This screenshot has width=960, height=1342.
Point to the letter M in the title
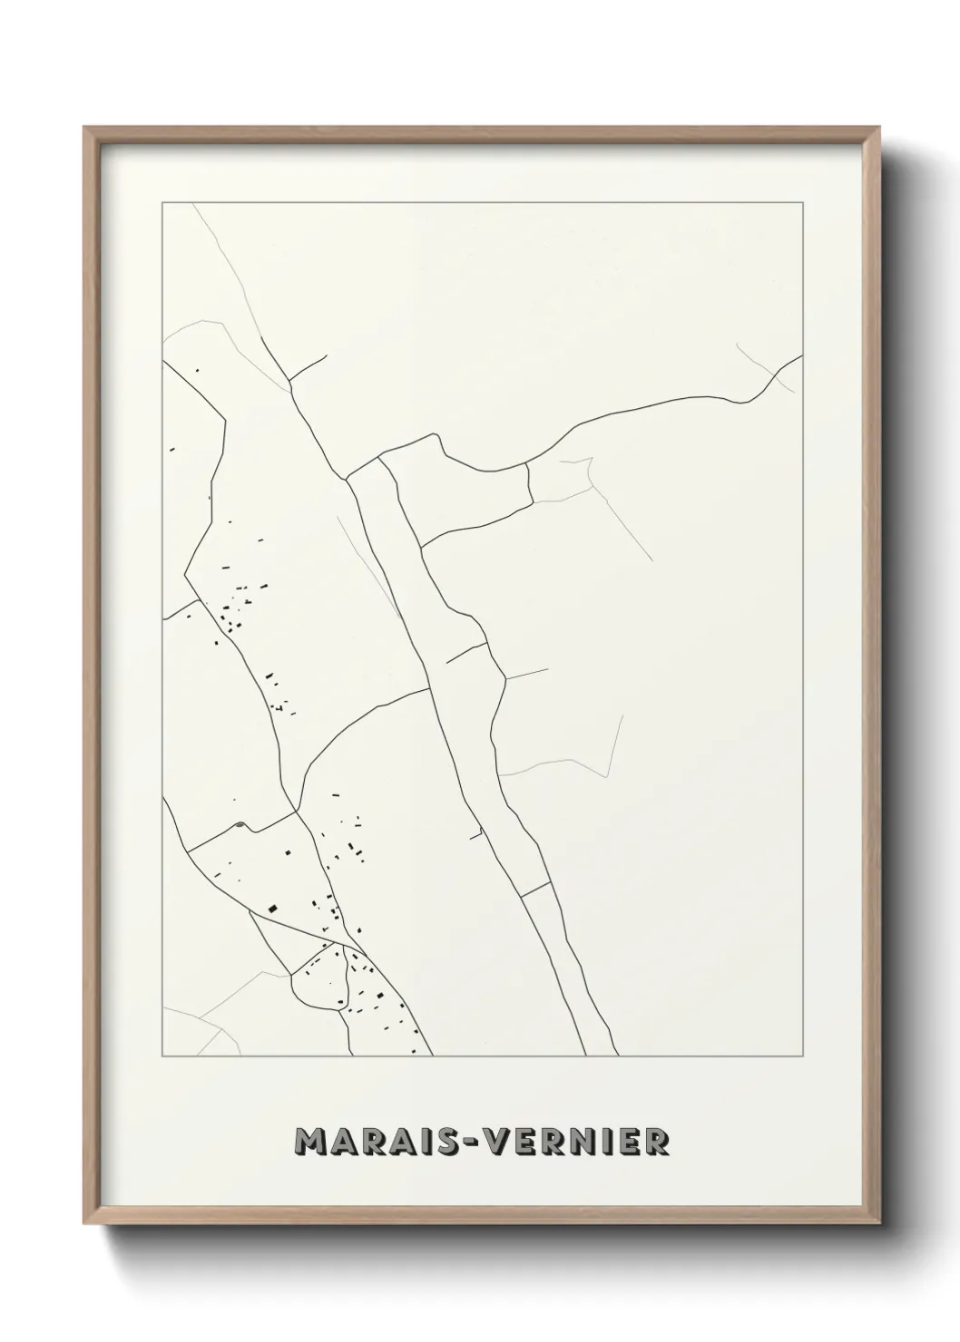pos(309,1142)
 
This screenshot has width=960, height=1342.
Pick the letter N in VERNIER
pos(593,1142)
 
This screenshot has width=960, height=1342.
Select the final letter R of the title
pos(658,1142)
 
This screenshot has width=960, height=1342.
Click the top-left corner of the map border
pos(162,203)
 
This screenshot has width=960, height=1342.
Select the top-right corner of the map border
pos(803,203)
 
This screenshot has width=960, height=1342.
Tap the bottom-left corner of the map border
pos(162,1056)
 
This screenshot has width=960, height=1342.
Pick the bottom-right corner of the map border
pos(803,1056)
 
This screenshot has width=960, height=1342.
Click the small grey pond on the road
pos(240,824)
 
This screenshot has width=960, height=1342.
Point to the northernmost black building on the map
pos(197,370)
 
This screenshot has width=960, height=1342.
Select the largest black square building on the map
pos(271,908)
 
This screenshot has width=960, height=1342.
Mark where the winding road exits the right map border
pos(802,355)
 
